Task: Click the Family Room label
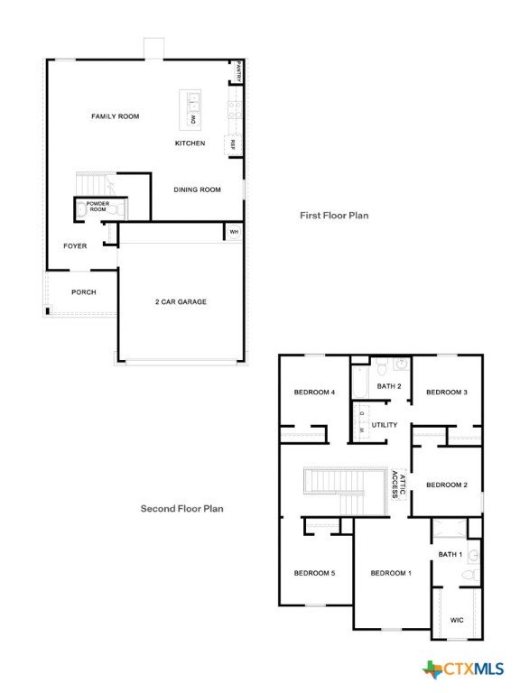[115, 116]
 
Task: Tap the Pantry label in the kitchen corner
[238, 70]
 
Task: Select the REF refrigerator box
[233, 144]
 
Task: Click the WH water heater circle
[234, 232]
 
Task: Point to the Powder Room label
[97, 207]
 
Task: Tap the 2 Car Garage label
[181, 302]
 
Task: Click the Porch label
[84, 292]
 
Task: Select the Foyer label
[75, 245]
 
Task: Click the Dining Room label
[197, 189]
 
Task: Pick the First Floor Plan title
[334, 216]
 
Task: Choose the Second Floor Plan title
[181, 509]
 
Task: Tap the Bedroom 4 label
[314, 392]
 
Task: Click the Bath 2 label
[389, 386]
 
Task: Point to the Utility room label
[385, 425]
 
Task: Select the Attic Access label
[398, 485]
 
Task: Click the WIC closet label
[457, 620]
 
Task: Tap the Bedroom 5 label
[314, 573]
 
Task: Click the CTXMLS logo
[463, 670]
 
